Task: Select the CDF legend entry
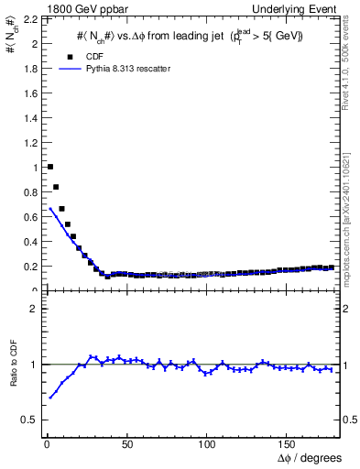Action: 82,56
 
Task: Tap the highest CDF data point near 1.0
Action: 49,167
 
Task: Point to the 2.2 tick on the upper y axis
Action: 28,18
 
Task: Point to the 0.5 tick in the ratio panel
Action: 28,420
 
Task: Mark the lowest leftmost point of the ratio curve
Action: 49,397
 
